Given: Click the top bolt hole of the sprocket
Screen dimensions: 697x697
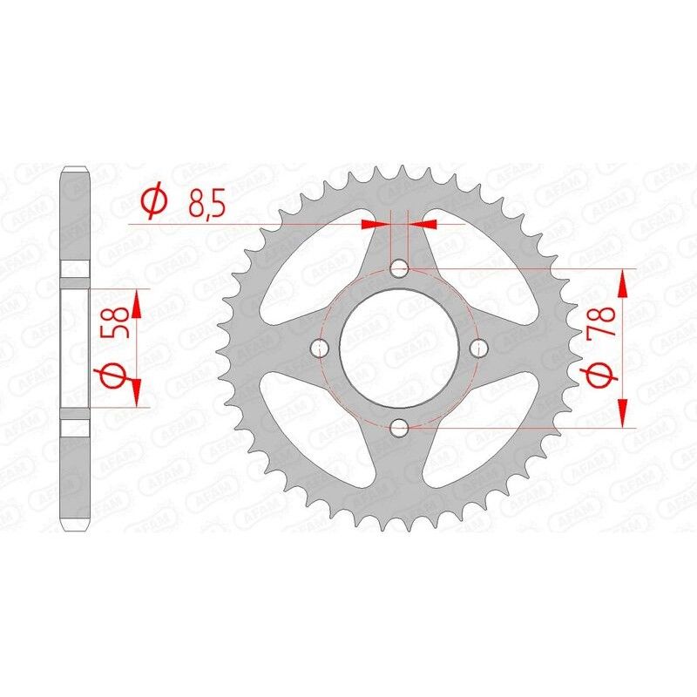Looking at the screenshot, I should (400, 268).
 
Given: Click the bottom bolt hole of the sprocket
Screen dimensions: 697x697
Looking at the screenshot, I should (400, 427).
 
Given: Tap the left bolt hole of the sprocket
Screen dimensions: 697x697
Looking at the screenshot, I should (320, 348).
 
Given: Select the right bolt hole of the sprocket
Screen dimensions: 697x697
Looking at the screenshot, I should (478, 348).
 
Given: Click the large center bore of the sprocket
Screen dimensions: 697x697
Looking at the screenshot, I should (399, 348).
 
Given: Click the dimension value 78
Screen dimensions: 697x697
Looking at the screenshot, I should (603, 324).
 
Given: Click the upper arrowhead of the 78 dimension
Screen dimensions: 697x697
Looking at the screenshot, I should (623, 281).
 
